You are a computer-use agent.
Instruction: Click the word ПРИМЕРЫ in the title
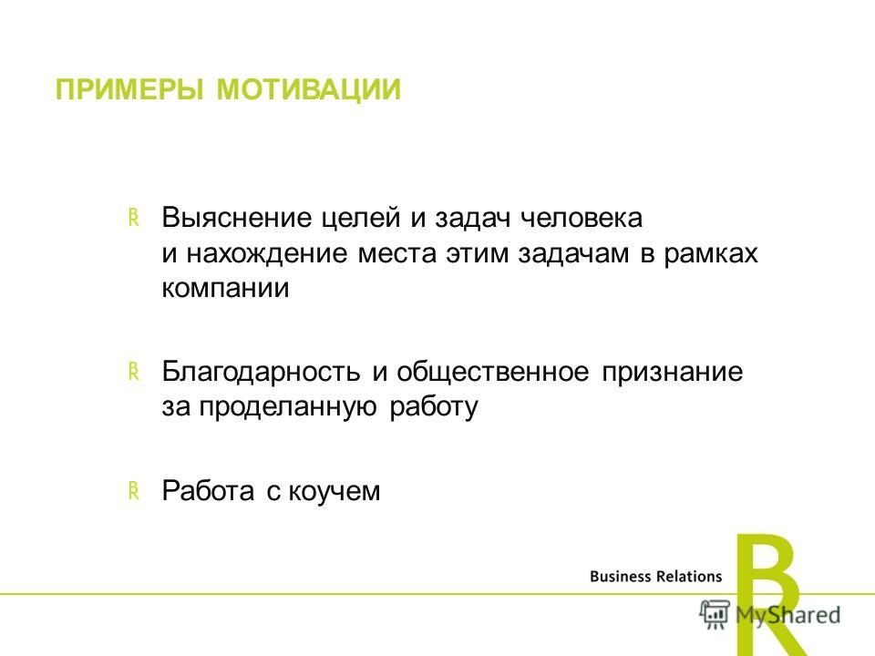(x=129, y=90)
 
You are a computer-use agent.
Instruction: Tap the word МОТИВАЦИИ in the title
(x=309, y=90)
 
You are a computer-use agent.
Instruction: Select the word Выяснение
(x=237, y=218)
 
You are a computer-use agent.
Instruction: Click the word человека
(x=581, y=218)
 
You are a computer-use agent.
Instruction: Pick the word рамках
(x=711, y=254)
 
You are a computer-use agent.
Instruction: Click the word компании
(x=226, y=289)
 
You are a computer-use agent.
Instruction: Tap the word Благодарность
(x=262, y=372)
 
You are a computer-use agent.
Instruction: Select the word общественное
(x=493, y=372)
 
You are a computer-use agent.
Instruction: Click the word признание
(x=673, y=372)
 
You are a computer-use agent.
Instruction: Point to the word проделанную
(x=288, y=406)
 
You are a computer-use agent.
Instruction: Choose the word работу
(x=434, y=406)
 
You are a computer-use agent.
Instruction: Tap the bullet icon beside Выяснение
(x=133, y=218)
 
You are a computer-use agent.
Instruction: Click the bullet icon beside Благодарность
(x=133, y=372)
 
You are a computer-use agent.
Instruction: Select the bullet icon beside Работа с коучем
(x=133, y=490)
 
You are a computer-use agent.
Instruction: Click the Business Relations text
(x=655, y=576)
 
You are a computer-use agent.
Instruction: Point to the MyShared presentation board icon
(x=715, y=614)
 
